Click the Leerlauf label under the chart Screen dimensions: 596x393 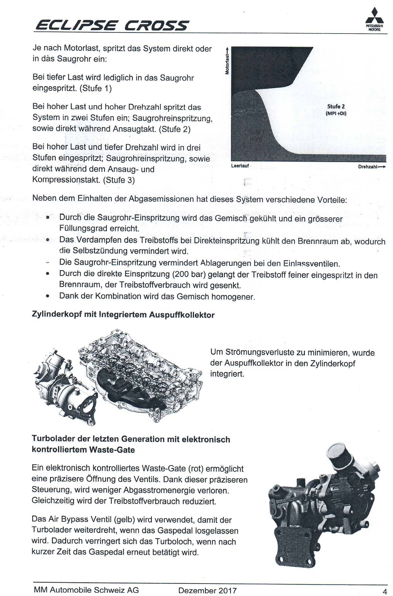tap(240, 166)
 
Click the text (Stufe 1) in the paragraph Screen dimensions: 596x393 tap(96, 88)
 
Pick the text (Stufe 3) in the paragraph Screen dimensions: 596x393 tap(119, 180)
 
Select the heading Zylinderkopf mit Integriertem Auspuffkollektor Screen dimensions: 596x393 tap(123, 315)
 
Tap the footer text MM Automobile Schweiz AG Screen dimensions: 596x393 tap(86, 590)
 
